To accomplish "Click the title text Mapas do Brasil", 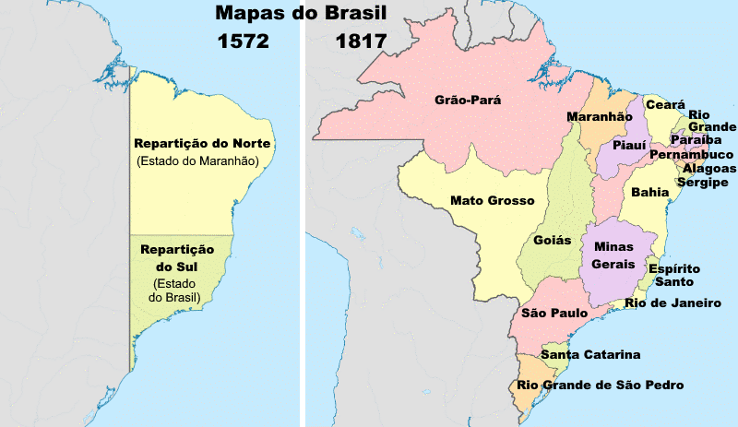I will click(x=300, y=14).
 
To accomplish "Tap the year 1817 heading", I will click(x=361, y=42).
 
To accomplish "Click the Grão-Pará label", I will click(x=468, y=100).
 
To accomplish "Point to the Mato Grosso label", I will click(x=486, y=200).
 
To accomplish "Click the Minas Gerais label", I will click(x=613, y=255).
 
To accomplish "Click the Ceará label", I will click(x=664, y=106).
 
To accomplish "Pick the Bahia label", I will click(x=650, y=192).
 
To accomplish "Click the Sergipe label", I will click(x=703, y=183).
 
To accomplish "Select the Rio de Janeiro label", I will click(x=672, y=302).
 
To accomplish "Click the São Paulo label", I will click(x=554, y=314).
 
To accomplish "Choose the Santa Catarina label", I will click(x=590, y=355).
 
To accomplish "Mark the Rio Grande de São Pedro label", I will click(x=601, y=385).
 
